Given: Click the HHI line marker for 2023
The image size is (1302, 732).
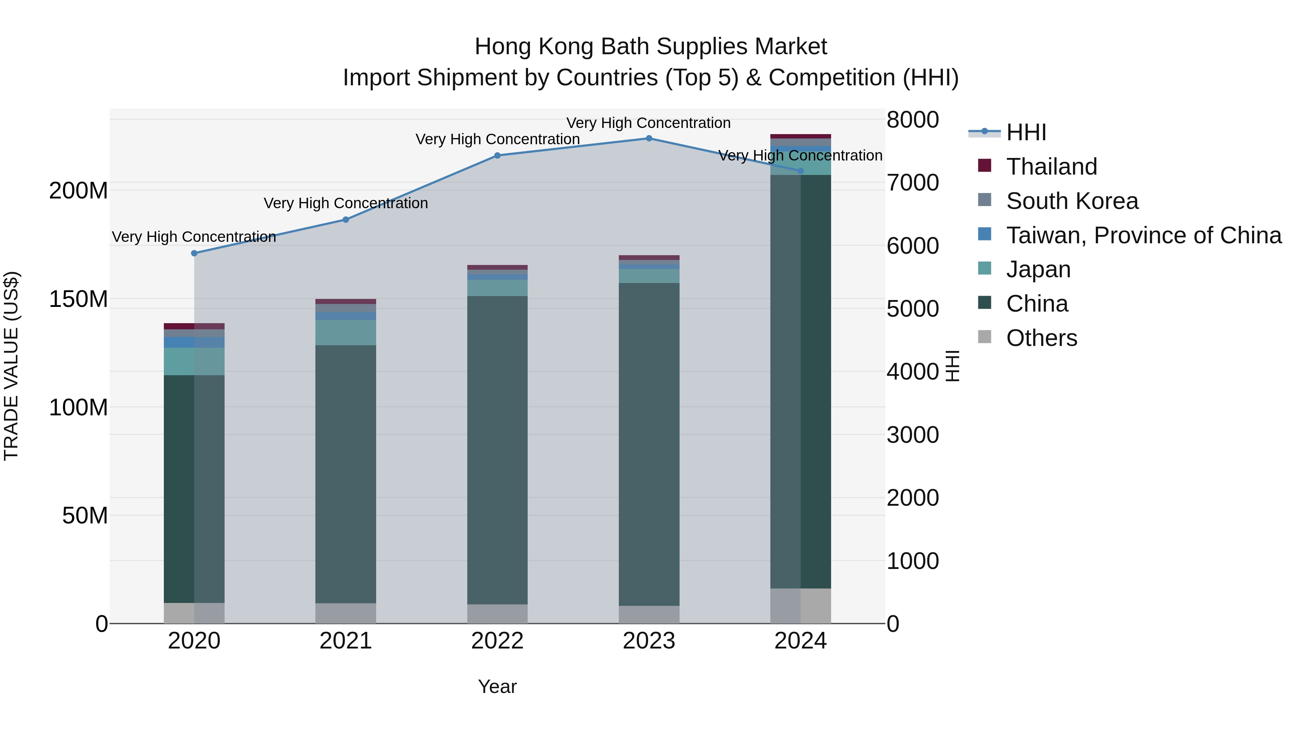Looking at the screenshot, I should tap(649, 138).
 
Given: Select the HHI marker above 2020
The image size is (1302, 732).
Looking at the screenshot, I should tap(194, 253).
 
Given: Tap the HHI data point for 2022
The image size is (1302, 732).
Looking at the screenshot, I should tap(497, 155).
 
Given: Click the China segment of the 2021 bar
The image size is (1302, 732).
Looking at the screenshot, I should tap(346, 474).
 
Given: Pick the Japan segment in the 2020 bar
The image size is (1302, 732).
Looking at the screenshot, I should tap(194, 361).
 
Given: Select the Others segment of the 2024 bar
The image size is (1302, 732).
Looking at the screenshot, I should tap(801, 606).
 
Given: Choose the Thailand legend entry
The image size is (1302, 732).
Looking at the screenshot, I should tap(1051, 167).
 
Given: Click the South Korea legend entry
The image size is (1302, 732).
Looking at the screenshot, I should tap(1072, 201).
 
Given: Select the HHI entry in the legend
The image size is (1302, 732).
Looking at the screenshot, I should tap(1026, 132).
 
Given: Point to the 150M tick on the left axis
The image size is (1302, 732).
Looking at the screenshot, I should tap(78, 299).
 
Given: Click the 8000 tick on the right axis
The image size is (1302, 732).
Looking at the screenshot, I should tap(912, 120).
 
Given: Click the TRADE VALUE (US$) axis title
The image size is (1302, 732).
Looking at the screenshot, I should tap(11, 366).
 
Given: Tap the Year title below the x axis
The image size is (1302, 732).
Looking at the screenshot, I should tap(497, 686).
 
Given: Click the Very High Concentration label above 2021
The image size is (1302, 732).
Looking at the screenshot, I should tap(346, 203).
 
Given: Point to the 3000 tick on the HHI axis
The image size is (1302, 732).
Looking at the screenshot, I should tap(912, 435).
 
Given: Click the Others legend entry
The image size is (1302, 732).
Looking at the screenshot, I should tap(1041, 338).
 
